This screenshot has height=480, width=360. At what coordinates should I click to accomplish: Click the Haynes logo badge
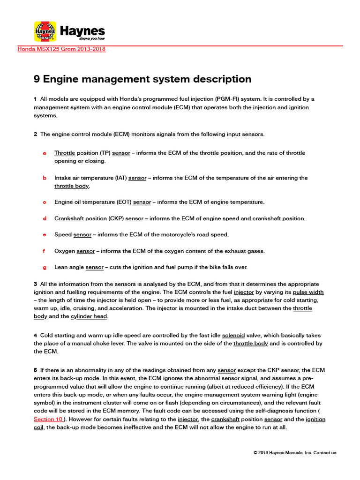point(45,31)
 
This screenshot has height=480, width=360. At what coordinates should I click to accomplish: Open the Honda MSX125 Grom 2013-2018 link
point(61,49)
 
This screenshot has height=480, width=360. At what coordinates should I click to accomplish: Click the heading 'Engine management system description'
point(142,79)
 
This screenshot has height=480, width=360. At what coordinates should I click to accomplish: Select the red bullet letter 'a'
point(45,153)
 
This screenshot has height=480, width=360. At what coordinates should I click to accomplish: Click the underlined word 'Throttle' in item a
point(65,153)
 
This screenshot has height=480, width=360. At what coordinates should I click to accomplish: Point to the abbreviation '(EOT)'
point(124,202)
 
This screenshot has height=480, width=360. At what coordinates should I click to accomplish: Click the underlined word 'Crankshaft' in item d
point(69,218)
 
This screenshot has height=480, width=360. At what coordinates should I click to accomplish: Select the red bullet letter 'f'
point(44,251)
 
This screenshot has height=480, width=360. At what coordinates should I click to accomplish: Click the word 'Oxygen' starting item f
point(65,251)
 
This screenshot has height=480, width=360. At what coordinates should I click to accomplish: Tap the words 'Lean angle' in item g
point(69,267)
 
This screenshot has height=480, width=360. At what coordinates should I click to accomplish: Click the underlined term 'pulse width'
point(308,292)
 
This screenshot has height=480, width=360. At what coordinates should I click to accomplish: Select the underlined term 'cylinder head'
point(89,316)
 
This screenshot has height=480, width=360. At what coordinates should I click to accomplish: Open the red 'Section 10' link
point(48,419)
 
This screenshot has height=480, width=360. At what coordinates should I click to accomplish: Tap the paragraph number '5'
point(35,370)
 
